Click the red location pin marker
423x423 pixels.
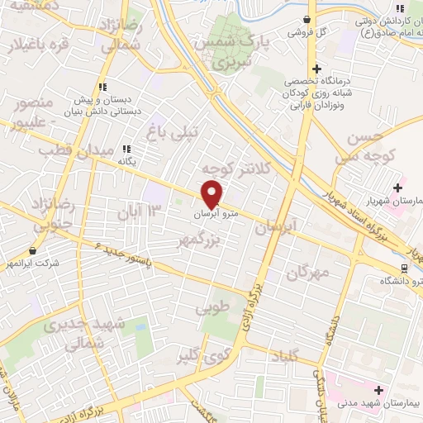point(212,193)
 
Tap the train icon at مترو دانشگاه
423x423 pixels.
point(405,268)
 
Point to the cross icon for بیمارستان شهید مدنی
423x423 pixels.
point(379,389)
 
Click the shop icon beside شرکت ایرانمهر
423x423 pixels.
point(32,250)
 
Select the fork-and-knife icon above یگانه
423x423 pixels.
point(127,149)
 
